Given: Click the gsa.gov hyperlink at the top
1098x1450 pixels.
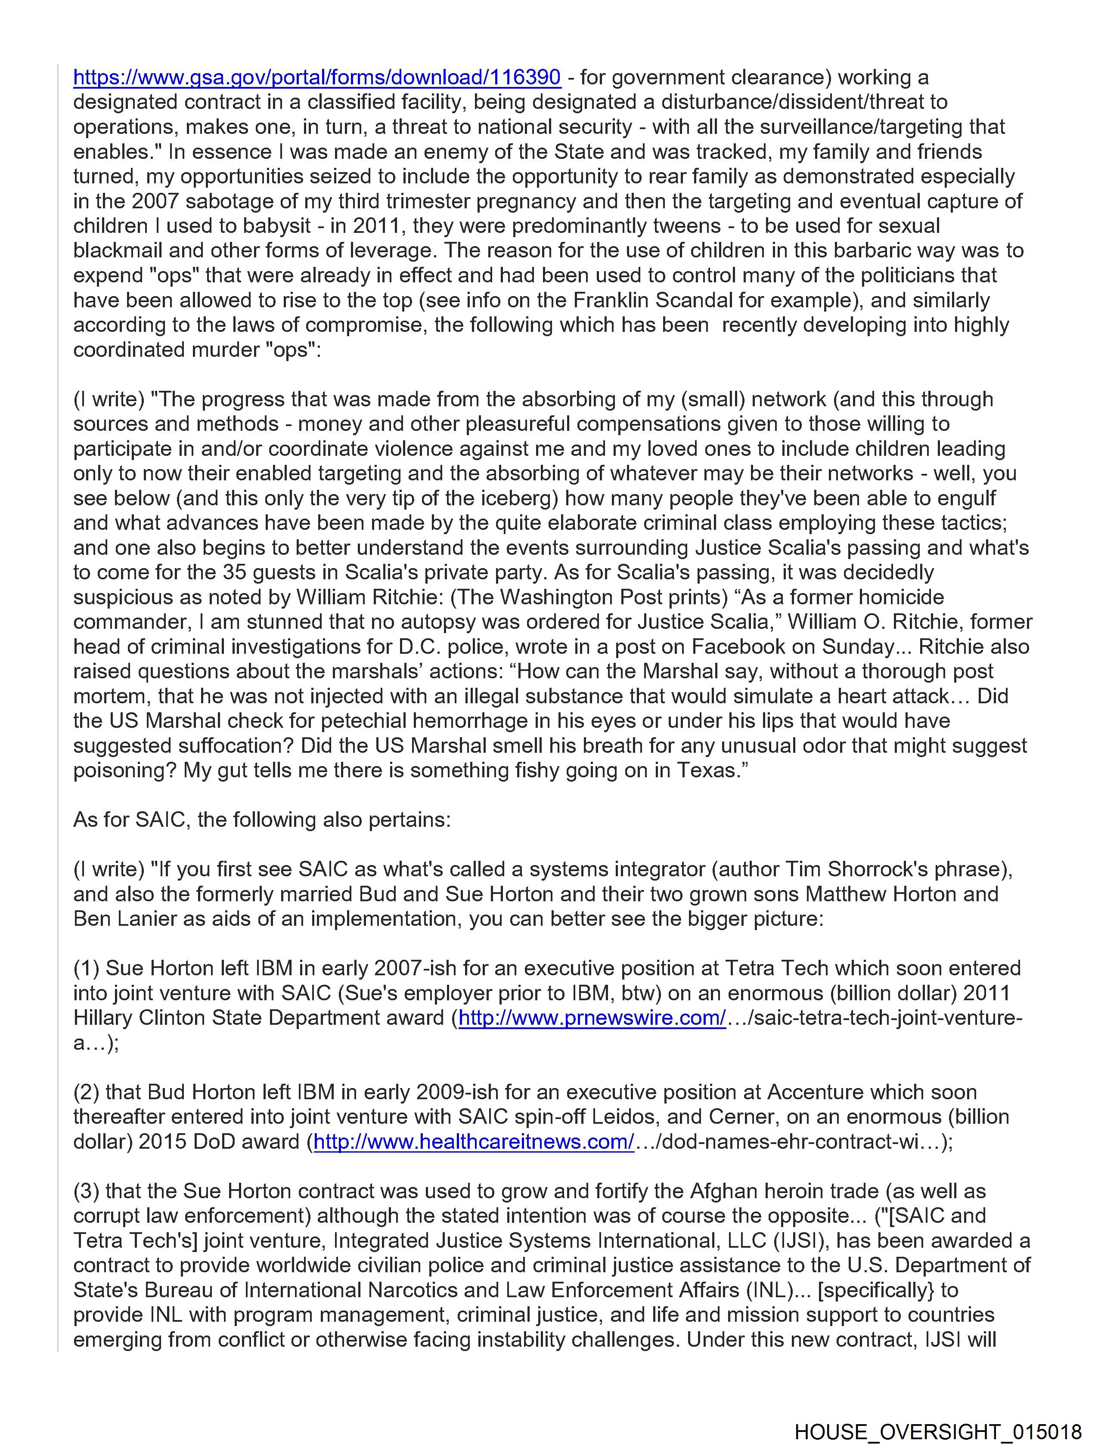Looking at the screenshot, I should (317, 77).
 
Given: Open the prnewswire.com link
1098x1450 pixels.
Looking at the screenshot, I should (592, 1017).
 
